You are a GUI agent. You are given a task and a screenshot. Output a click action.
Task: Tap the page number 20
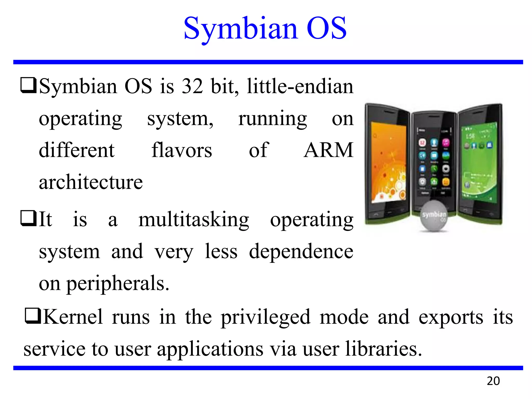pos(493,381)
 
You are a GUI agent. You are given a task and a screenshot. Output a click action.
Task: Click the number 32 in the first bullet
pos(192,86)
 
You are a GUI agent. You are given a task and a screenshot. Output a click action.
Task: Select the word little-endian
pos(300,86)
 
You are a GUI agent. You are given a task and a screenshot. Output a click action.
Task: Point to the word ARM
pos(328,150)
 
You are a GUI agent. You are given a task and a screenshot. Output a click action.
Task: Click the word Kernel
pos(73,317)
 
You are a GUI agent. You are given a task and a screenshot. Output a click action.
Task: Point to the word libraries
pos(383,349)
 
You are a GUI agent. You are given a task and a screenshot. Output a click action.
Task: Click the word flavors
pos(182,150)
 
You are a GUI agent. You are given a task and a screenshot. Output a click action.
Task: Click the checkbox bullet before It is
pos(28,218)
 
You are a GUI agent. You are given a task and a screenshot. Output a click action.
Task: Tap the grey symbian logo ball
pos(434,216)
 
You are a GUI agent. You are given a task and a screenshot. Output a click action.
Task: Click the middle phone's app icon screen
pos(434,161)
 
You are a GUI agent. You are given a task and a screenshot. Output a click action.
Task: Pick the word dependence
pos(301,251)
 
